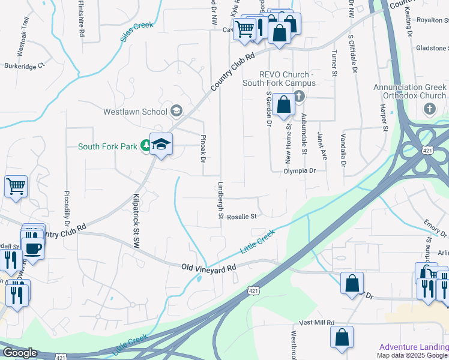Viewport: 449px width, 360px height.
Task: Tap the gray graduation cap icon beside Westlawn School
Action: tap(176, 110)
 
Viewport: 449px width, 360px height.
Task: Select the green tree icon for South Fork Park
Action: tap(145, 145)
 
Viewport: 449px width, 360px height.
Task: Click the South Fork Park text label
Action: tap(108, 146)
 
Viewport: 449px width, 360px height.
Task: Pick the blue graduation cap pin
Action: tap(161, 144)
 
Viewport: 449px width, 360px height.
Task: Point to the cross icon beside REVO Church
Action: tap(298, 97)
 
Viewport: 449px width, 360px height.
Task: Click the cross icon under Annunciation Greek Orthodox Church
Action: tap(429, 109)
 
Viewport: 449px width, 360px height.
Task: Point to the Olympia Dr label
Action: tap(300, 170)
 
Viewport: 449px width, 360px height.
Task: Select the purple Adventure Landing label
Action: tap(414, 347)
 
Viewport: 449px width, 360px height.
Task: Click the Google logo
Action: tap(20, 353)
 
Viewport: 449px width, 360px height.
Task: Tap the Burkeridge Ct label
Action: tap(25, 66)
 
